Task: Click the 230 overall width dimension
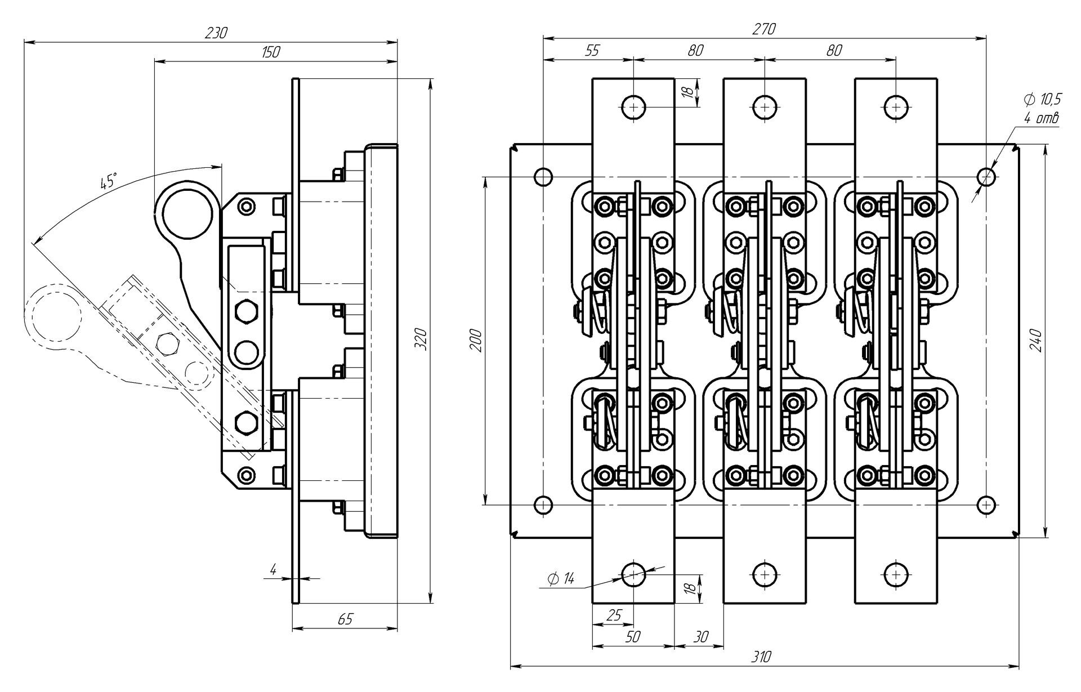click(216, 33)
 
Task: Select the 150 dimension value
click(271, 52)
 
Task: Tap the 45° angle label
click(108, 182)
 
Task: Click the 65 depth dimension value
click(345, 619)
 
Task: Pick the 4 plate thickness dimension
click(273, 569)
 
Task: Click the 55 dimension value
click(592, 50)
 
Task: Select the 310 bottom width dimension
click(760, 657)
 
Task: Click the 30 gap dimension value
click(700, 636)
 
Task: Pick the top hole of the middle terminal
click(764, 106)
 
